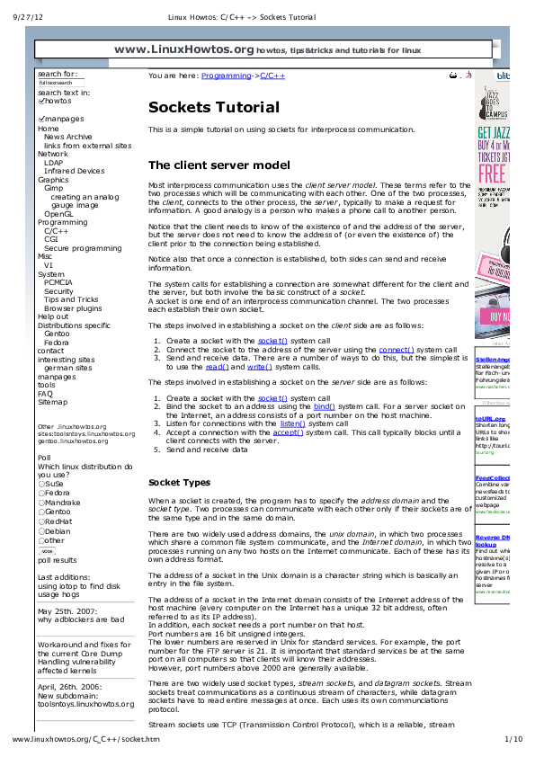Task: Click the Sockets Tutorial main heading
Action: [213, 108]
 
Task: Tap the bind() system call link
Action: [324, 406]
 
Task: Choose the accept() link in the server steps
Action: [288, 432]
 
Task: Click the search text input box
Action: [61, 83]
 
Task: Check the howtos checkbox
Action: [41, 102]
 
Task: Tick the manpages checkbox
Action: [41, 119]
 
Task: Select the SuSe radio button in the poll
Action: [41, 484]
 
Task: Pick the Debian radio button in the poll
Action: [41, 530]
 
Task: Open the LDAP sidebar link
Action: [54, 163]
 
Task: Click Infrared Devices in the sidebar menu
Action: [74, 171]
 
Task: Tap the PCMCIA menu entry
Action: [58, 282]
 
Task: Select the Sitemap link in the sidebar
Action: [52, 402]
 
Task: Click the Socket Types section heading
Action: [179, 483]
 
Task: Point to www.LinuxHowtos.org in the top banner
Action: [184, 49]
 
